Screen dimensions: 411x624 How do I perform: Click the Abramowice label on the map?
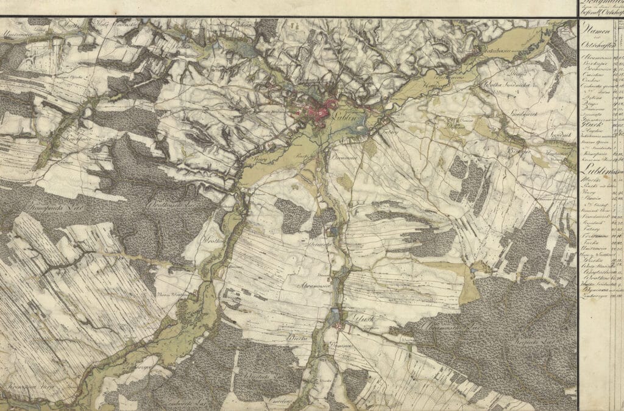[313, 284]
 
